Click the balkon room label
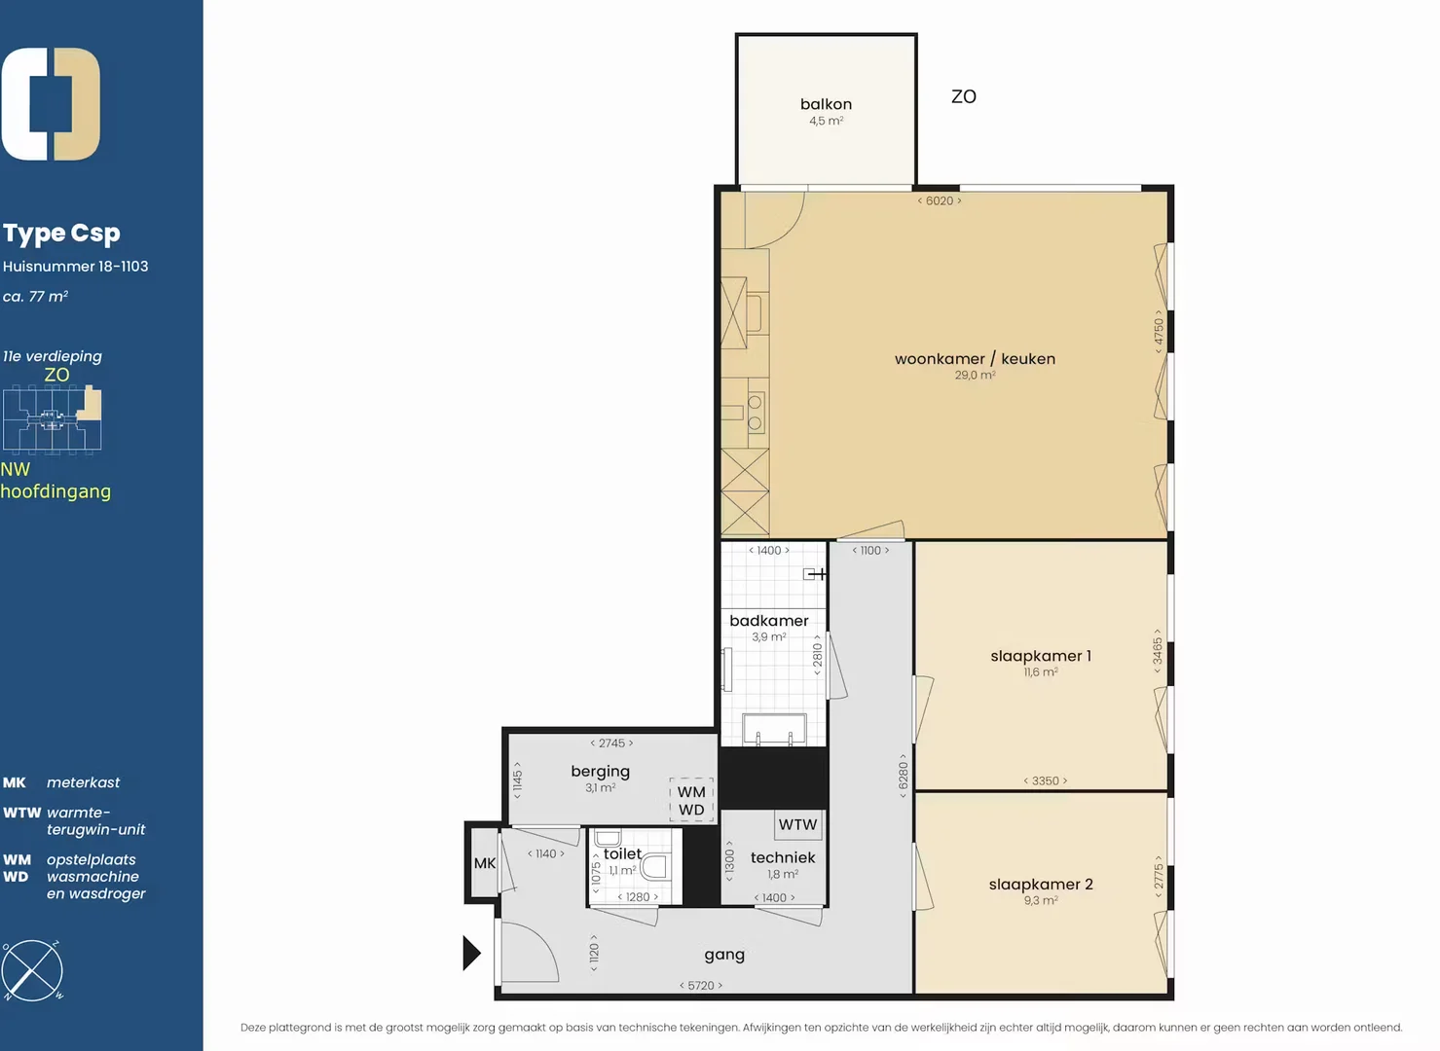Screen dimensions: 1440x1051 (x=826, y=104)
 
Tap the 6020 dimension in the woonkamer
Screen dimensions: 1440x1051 (x=940, y=201)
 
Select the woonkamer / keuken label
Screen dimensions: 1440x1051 (x=975, y=358)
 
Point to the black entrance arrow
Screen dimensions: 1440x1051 (x=472, y=953)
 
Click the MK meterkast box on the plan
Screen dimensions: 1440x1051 (x=485, y=863)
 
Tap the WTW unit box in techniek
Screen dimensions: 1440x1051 (x=797, y=824)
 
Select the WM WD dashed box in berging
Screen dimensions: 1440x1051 (x=691, y=800)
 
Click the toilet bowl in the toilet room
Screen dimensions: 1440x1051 (x=655, y=867)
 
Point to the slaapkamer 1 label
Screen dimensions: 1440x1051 (x=1041, y=656)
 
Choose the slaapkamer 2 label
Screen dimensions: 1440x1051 (x=1041, y=884)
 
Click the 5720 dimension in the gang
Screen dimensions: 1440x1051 (x=701, y=986)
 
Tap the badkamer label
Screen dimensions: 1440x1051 (x=769, y=621)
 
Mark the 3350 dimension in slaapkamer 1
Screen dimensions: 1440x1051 (x=1046, y=780)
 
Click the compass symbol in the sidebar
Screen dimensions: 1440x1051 (x=32, y=970)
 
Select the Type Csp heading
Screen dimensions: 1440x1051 (x=61, y=234)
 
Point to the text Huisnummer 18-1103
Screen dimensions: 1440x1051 (x=75, y=266)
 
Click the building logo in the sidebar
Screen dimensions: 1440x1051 (x=51, y=104)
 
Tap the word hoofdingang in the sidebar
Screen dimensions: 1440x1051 (x=55, y=491)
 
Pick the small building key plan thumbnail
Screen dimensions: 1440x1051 (x=52, y=420)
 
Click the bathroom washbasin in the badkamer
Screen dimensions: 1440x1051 (x=774, y=729)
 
